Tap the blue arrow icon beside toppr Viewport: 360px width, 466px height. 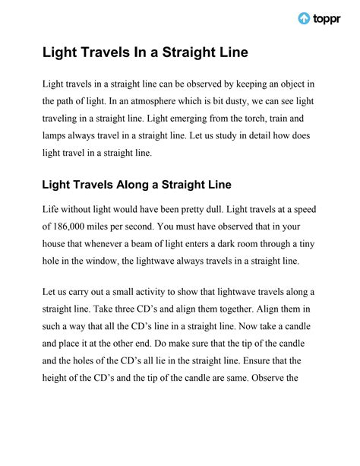303,18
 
